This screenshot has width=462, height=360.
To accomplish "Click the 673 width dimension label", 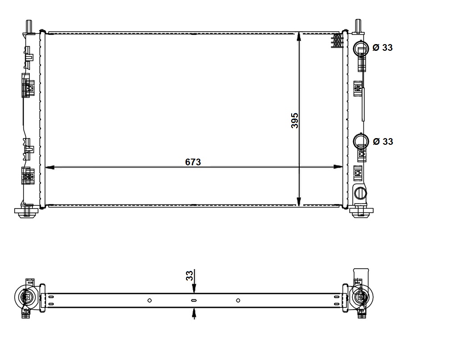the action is tap(193, 162).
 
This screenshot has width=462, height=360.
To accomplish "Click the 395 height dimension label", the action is tap(295, 120).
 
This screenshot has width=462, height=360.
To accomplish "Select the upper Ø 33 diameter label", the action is tap(383, 47).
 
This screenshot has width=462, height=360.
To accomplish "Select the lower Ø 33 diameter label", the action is tap(383, 142).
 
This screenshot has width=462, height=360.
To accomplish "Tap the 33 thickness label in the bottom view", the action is tap(190, 275).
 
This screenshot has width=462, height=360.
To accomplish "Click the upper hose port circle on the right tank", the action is tap(361, 48).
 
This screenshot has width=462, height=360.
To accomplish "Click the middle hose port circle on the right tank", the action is tap(361, 141).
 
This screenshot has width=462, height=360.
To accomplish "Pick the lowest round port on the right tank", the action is tap(361, 193).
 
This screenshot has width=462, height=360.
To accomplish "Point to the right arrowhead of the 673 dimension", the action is tap(338, 167).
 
